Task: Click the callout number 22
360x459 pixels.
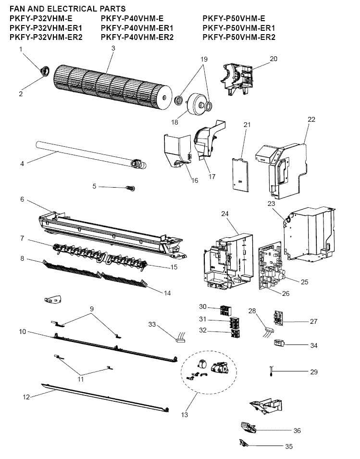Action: coord(311,119)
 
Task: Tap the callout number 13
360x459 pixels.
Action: coord(185,415)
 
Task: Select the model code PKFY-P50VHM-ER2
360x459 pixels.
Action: coord(238,37)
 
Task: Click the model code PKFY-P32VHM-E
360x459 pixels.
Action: coord(41,18)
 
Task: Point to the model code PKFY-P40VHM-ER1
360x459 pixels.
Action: coord(137,28)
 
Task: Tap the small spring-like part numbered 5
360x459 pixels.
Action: coord(130,188)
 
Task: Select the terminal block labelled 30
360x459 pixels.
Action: coord(226,310)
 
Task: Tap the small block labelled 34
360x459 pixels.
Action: coord(279,343)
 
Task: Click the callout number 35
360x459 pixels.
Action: coord(289,446)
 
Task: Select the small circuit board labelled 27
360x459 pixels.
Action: coord(278,318)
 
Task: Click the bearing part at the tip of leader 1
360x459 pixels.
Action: coord(44,71)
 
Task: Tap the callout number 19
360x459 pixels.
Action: coord(204,59)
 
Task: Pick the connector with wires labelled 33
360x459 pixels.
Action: coord(180,338)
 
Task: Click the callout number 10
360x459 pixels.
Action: coord(23,331)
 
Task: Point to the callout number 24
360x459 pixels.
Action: coord(224,214)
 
